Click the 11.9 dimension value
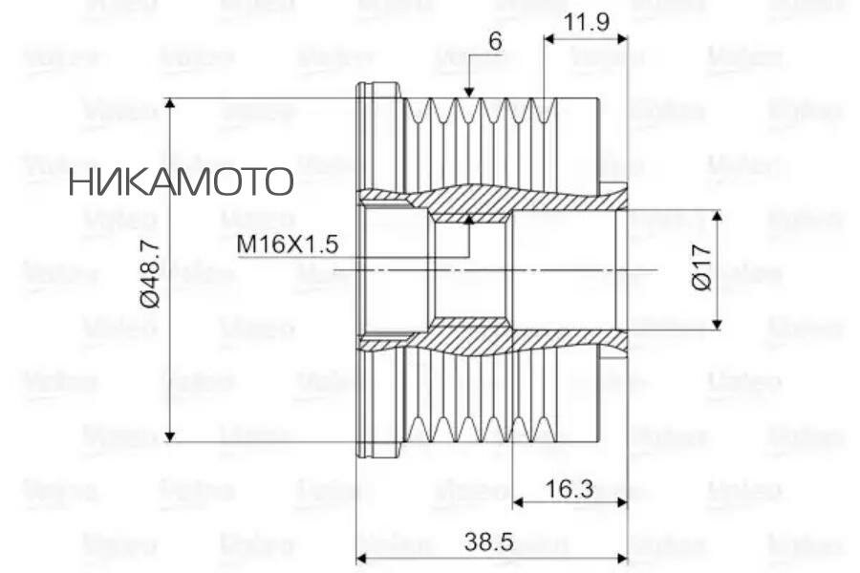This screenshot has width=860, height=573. point(587,21)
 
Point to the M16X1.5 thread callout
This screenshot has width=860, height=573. point(288,244)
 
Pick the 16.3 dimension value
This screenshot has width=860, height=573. point(570,489)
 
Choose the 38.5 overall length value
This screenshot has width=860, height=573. point(489,541)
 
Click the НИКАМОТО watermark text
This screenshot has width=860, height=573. point(181,180)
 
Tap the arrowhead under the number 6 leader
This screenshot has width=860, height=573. point(468,92)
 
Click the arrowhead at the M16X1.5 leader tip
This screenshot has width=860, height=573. point(469,219)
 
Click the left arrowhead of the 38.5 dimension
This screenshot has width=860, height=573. point(362,558)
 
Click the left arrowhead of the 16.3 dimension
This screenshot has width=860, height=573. point(519,502)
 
